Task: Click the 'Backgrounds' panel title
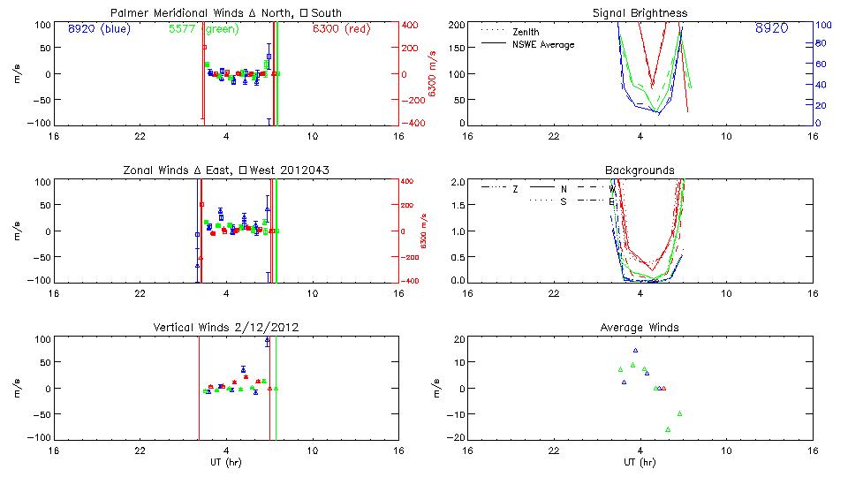[x=640, y=170]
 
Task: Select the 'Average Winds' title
[x=640, y=328]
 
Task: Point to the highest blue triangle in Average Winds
[x=635, y=351]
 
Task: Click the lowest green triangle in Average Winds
[x=668, y=429]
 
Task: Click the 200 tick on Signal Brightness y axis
[x=453, y=25]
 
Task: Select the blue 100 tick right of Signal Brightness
[x=822, y=25]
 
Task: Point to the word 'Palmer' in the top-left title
[x=128, y=13]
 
